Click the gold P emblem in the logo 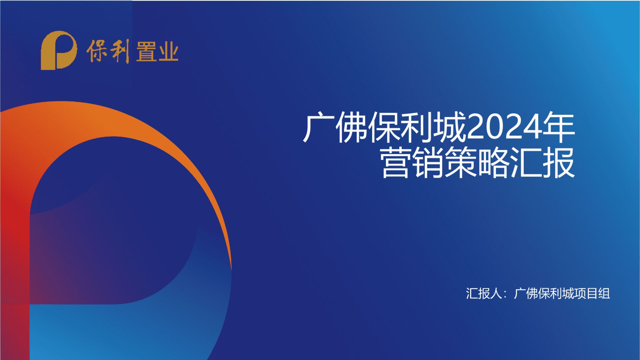pos(59,50)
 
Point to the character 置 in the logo pos(146,52)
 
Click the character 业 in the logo pos(168,52)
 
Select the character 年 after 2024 pos(559,127)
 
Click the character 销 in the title pos(428,163)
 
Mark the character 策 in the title pos(461,163)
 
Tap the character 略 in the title pos(493,163)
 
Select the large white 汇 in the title pos(526,163)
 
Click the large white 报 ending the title pos(559,163)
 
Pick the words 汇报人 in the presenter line pos(484,294)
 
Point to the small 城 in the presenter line pos(568,294)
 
